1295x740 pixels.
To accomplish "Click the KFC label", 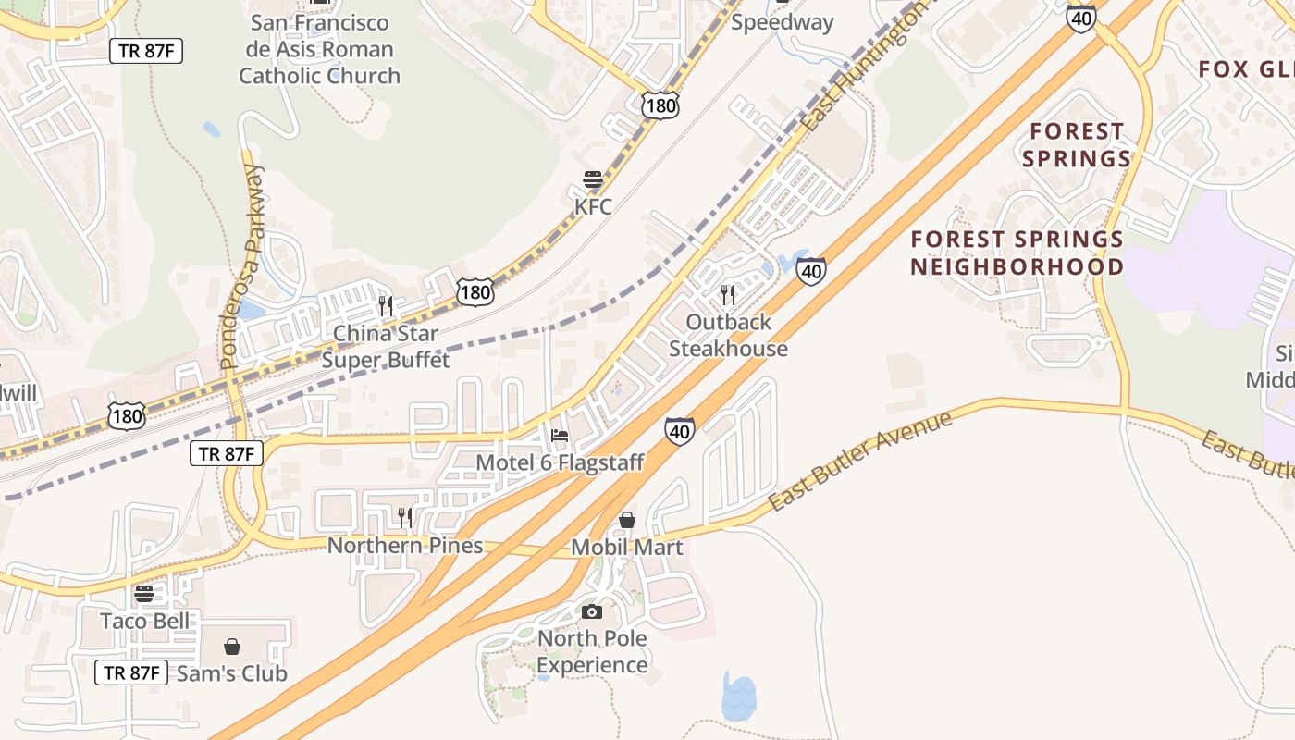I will [x=593, y=206].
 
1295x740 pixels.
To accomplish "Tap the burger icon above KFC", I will [x=593, y=179].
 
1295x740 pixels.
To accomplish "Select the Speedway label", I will [x=783, y=22].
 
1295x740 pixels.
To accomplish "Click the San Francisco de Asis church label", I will [x=319, y=49].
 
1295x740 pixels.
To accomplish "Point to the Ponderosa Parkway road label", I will [x=242, y=268].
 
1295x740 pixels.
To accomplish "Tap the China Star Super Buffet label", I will [x=386, y=346].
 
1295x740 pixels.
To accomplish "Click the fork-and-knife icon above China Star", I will [x=386, y=305].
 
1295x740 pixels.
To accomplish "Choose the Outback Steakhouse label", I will [x=728, y=335].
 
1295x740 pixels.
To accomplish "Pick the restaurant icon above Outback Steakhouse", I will [x=728, y=295].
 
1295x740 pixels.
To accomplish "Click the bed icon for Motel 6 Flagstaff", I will [x=559, y=436].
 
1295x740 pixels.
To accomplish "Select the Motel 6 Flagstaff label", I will [x=560, y=462].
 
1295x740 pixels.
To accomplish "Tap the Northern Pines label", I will [x=405, y=545].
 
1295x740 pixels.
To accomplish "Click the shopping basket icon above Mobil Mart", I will [x=627, y=520].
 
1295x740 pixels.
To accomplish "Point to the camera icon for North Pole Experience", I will [x=592, y=611].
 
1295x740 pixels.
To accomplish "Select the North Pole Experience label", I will [x=592, y=651].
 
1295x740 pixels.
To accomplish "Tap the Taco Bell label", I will [x=144, y=621].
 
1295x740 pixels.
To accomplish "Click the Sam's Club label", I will [x=232, y=673].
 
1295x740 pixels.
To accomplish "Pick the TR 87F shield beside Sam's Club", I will [x=131, y=672].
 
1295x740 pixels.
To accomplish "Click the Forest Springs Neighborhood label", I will [x=1017, y=253].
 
